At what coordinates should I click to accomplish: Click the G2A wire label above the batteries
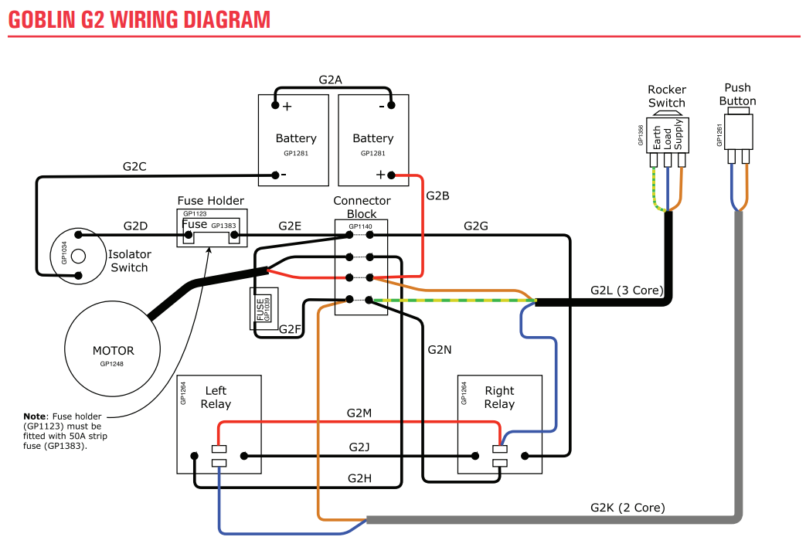tap(330, 80)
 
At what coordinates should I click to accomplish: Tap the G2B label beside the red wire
tap(437, 195)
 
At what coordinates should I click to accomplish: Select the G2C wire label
tap(134, 166)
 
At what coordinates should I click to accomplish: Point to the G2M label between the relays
tap(359, 413)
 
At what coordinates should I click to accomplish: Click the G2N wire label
tap(440, 349)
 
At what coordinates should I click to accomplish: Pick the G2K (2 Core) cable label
tap(627, 508)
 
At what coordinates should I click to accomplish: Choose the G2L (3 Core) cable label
tap(627, 291)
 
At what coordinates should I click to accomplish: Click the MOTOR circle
tap(113, 355)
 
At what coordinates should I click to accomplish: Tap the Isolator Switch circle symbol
tap(77, 254)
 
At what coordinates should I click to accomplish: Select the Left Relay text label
tap(216, 397)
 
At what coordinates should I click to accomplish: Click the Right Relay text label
tap(499, 397)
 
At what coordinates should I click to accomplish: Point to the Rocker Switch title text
tap(667, 97)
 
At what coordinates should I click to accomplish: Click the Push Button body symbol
tap(739, 135)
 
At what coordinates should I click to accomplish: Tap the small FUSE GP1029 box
tap(264, 309)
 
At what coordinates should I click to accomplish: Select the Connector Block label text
tap(362, 207)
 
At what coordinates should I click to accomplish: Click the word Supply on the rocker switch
tap(678, 137)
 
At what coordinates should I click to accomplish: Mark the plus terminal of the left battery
tap(276, 106)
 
